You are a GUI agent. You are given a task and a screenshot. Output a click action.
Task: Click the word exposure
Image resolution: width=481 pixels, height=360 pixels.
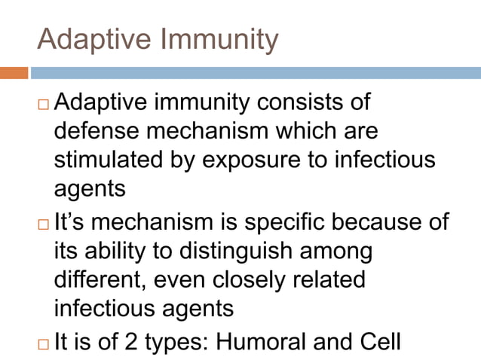[x=262, y=160]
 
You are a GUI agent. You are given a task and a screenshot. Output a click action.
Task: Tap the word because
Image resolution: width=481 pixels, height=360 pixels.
[x=397, y=222]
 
